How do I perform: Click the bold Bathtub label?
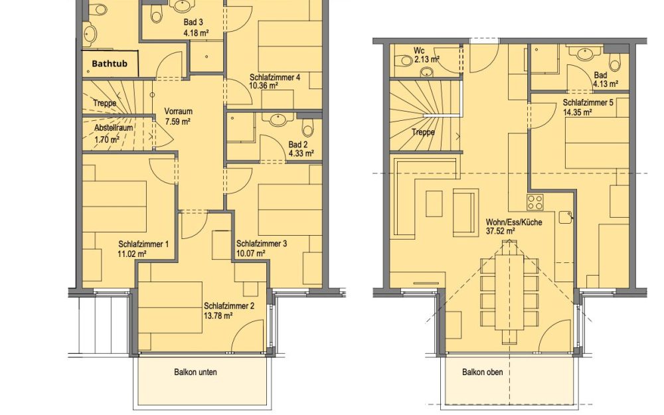110,64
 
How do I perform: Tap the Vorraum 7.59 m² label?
178,116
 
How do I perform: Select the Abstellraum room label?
114,127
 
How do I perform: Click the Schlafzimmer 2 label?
229,305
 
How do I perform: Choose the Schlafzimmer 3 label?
261,244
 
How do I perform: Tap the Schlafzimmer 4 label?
275,78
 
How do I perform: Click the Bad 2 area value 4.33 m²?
301,153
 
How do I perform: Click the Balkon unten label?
195,373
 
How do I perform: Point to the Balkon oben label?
482,373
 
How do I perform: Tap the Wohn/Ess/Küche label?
514,222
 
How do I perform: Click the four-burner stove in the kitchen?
535,202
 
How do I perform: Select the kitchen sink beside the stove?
565,217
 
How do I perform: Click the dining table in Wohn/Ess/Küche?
509,291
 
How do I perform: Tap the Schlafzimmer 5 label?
588,102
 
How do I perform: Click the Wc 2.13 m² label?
426,56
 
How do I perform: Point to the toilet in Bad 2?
308,127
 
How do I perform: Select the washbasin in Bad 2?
278,120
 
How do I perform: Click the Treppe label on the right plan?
423,132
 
